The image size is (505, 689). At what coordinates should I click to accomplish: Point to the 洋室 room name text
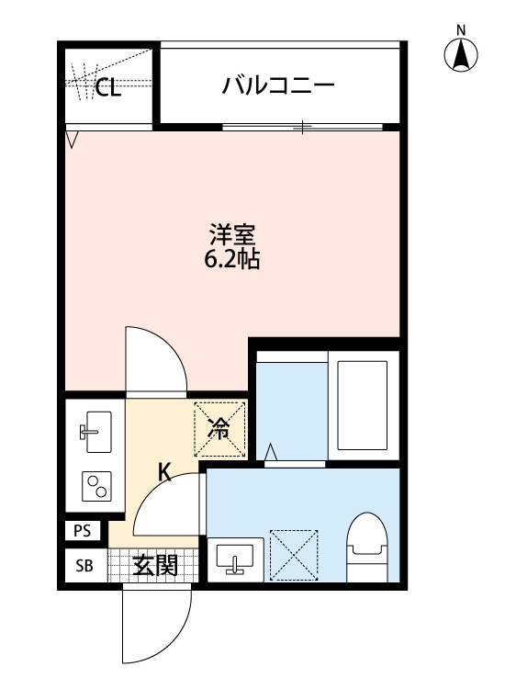[x=231, y=234]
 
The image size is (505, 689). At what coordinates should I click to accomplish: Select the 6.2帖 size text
[x=231, y=259]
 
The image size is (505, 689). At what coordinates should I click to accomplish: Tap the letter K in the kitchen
[x=164, y=472]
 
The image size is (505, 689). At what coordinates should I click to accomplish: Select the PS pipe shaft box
[x=83, y=530]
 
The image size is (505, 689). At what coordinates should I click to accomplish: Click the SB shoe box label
[x=84, y=566]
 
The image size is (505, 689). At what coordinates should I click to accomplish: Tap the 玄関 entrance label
[x=154, y=566]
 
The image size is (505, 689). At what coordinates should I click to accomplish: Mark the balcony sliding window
[x=303, y=127]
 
